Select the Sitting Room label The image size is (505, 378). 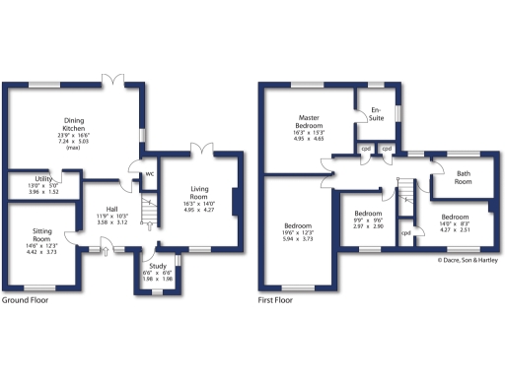coord(40,235)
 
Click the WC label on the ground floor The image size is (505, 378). coord(150,174)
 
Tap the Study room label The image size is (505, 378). coord(157,265)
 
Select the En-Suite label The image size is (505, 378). coord(376,114)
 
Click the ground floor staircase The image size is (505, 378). coord(149,212)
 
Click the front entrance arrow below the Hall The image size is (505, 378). coord(106,250)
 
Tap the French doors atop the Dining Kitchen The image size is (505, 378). coord(116,78)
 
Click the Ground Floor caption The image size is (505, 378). coord(28,298)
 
